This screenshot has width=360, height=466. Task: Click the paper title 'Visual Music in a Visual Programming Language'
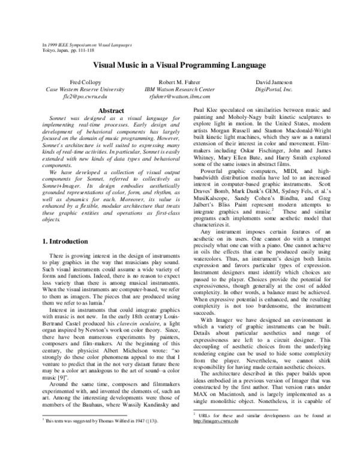coord(179,64)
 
